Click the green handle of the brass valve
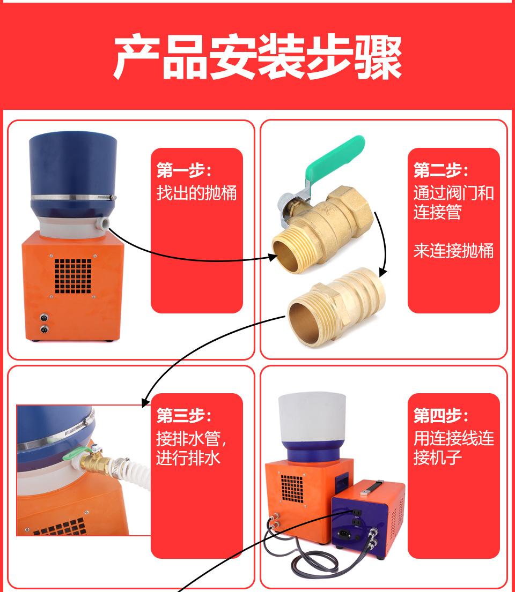(335, 158)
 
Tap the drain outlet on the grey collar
(102, 221)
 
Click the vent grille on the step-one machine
(73, 276)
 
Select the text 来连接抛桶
(453, 250)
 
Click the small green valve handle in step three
(72, 455)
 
